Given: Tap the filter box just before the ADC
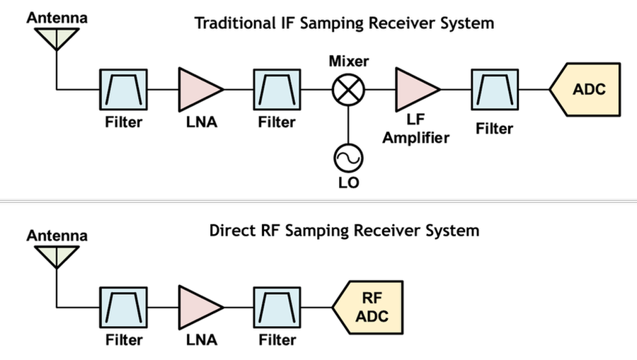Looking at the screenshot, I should [494, 90].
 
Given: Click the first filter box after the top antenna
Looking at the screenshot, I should [124, 90].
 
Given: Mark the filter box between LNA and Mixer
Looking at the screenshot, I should [277, 90].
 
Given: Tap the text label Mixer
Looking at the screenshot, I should [348, 62].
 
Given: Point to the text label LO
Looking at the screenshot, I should [349, 183].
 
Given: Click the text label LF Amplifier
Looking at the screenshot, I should [416, 130].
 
